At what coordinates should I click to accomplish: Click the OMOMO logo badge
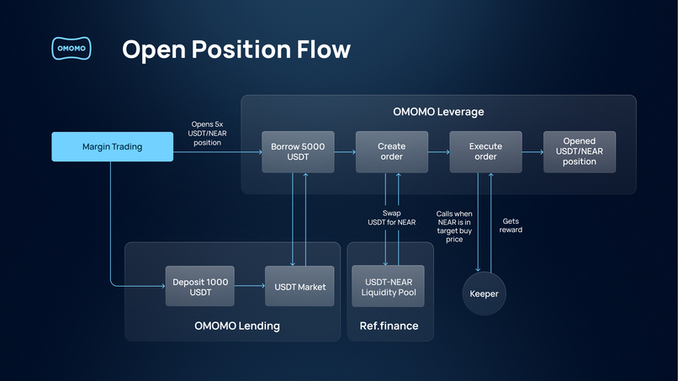click(x=71, y=49)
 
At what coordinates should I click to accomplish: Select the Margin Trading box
click(x=112, y=146)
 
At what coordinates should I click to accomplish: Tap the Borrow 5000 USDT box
click(x=297, y=151)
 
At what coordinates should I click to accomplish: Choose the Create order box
click(x=391, y=151)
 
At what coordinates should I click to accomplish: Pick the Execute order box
click(x=485, y=151)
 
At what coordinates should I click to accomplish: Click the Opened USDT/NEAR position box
click(x=579, y=151)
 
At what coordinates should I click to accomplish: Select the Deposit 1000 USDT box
click(x=200, y=286)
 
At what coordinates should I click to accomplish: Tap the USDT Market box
click(x=299, y=286)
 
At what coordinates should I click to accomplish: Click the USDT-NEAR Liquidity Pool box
click(x=389, y=286)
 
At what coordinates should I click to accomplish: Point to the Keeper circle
click(x=484, y=294)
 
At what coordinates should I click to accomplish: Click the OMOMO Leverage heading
click(x=438, y=112)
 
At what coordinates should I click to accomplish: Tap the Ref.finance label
click(x=389, y=325)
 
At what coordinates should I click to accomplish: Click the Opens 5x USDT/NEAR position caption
click(x=206, y=134)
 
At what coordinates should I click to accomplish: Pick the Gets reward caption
click(x=511, y=225)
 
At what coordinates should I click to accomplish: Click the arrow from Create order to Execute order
click(x=438, y=152)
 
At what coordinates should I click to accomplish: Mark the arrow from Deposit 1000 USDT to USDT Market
click(x=250, y=286)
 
